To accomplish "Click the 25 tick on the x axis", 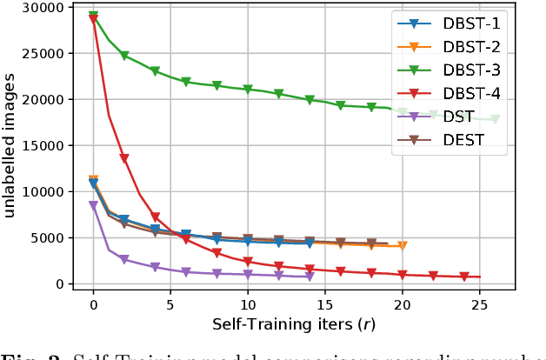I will [x=479, y=305].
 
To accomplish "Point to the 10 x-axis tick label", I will [x=248, y=305].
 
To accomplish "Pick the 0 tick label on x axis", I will [x=94, y=305].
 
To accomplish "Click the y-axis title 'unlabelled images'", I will [x=12, y=146].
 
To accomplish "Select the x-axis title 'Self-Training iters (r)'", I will [x=287, y=324].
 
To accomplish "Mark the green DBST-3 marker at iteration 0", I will [x=94, y=17].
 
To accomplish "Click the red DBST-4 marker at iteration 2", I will [x=124, y=159].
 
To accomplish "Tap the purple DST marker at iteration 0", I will [x=94, y=206].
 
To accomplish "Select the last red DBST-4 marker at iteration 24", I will [x=464, y=277].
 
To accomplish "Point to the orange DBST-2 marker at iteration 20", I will [x=403, y=246].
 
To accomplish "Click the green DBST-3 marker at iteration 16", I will [x=341, y=106].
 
